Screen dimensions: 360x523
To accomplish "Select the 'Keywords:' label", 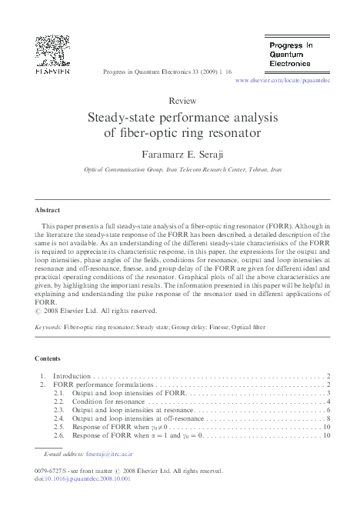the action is (x=49, y=328).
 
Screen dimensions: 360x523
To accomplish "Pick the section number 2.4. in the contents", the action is (x=59, y=418).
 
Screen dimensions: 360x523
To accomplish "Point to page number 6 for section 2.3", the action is (x=328, y=410).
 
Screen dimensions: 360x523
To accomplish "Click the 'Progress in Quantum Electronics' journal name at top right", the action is (x=291, y=55).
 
